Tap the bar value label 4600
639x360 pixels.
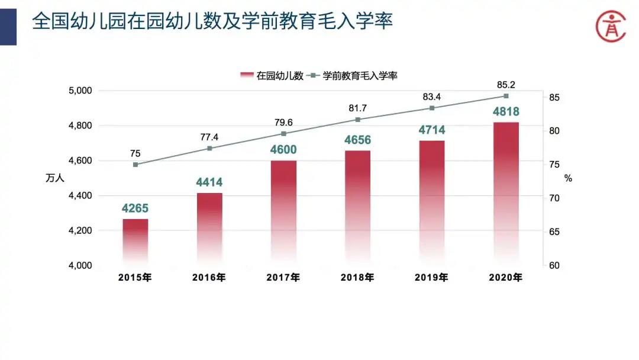[x=283, y=150]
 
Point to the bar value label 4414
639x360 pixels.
[x=209, y=182]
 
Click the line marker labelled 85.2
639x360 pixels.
[x=506, y=96]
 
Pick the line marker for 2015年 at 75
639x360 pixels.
[x=135, y=165]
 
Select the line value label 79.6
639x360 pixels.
[x=283, y=123]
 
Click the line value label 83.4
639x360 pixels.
[x=432, y=97]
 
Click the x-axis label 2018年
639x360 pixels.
[x=357, y=277]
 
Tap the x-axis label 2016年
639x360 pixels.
[x=209, y=277]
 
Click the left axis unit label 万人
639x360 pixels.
[x=54, y=178]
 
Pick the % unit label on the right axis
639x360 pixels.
[x=568, y=178]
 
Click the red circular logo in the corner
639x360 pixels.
[x=610, y=25]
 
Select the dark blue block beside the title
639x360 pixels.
[x=8, y=22]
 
